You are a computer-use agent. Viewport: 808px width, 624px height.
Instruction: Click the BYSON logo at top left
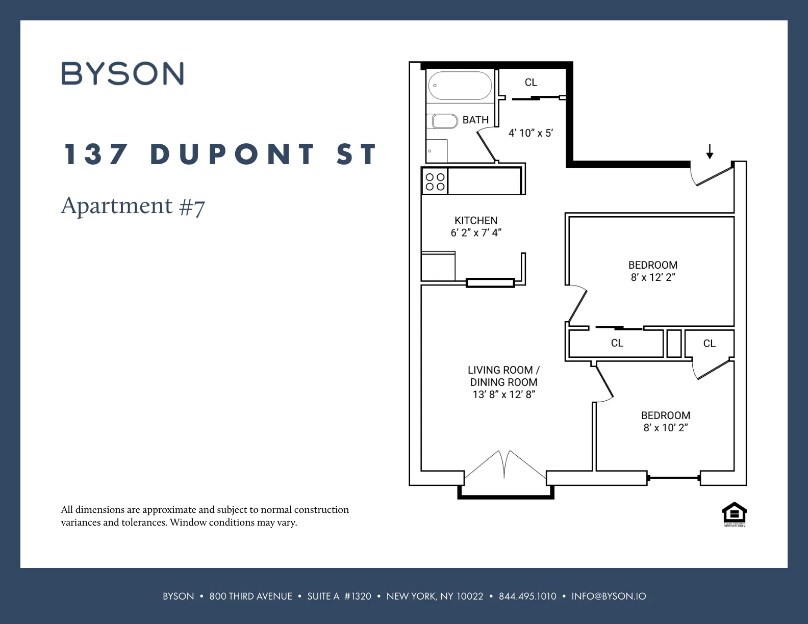[x=122, y=73]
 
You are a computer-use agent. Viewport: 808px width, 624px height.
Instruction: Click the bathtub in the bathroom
[x=460, y=86]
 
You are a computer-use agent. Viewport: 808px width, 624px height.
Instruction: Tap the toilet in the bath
[x=445, y=121]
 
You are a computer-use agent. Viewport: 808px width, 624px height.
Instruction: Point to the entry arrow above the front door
[x=709, y=151]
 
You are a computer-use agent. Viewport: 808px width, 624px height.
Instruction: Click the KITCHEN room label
[x=476, y=220]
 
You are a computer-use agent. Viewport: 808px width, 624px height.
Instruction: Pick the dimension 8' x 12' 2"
[x=653, y=277]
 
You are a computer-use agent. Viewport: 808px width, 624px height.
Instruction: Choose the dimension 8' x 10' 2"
[x=666, y=428]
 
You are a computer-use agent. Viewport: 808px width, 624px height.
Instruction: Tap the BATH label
[x=475, y=120]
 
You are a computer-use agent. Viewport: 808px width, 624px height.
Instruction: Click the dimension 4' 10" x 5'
[x=531, y=133]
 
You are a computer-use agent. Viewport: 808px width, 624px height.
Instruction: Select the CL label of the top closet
[x=531, y=82]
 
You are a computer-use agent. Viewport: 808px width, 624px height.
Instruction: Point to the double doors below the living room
[x=504, y=465]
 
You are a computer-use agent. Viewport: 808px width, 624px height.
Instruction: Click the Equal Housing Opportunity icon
[x=735, y=514]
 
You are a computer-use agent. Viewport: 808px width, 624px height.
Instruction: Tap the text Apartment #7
[x=133, y=206]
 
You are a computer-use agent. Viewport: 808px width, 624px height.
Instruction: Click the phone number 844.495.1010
[x=527, y=596]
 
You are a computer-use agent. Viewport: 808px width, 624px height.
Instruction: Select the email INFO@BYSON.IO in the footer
[x=609, y=596]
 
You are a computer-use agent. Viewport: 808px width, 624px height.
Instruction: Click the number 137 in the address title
[x=95, y=154]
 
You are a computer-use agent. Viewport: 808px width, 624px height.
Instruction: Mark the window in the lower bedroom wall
[x=673, y=478]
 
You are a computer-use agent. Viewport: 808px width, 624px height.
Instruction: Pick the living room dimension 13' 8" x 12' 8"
[x=504, y=395]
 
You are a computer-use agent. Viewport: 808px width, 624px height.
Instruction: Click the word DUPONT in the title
[x=233, y=154]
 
